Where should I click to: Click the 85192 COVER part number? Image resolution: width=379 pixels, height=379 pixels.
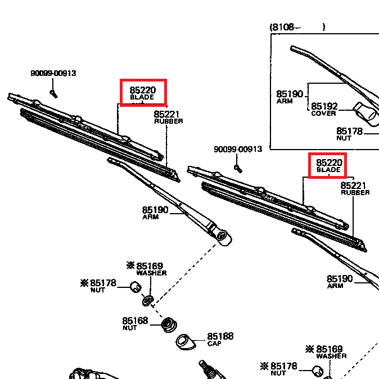(x=324, y=106)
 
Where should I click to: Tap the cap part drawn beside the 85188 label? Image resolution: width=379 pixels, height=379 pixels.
(x=184, y=341)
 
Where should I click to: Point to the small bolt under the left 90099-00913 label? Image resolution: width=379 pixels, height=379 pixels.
(x=53, y=92)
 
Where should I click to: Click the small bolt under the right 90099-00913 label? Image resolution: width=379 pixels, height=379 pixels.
(x=238, y=167)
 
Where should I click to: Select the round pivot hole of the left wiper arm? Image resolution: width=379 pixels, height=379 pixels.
(x=221, y=235)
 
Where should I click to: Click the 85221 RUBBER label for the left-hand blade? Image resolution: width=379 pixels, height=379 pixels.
(x=168, y=116)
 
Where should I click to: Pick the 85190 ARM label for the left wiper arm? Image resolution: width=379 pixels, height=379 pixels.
(x=155, y=212)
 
